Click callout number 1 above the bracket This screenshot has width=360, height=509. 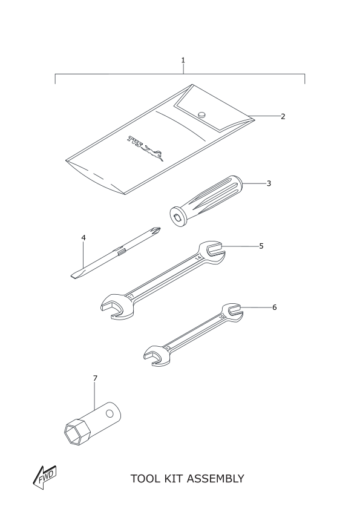183,60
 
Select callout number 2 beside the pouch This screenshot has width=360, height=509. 283,117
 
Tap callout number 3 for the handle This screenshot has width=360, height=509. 269,183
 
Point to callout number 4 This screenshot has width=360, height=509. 83,238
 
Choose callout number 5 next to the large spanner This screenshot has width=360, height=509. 261,246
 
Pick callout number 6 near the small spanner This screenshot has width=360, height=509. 275,307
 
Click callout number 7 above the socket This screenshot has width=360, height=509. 95,378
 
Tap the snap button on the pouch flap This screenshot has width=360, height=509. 202,114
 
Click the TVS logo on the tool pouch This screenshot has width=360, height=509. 145,148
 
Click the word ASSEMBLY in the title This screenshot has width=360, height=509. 215,479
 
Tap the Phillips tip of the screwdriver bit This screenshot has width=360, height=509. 157,231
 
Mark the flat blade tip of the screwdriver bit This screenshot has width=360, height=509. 75,275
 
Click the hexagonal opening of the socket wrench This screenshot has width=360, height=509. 77,433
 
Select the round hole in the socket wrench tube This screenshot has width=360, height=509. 110,413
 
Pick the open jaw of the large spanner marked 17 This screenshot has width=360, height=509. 112,307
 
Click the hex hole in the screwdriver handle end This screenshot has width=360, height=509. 177,218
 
